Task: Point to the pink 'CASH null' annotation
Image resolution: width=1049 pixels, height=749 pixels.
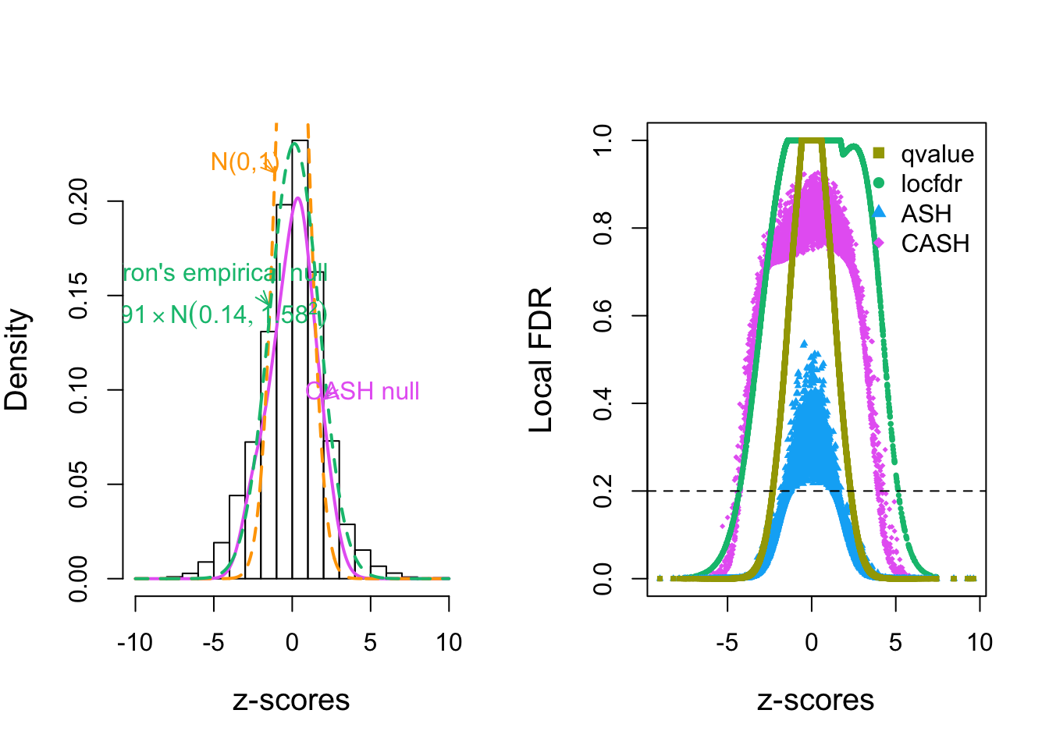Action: [363, 391]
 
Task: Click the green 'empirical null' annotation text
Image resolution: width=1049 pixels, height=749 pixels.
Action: [226, 273]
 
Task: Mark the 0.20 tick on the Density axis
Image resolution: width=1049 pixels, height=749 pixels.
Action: [78, 201]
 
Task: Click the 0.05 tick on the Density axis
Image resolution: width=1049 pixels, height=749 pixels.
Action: [78, 484]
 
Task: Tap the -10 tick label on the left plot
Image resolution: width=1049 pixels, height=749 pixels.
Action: [135, 643]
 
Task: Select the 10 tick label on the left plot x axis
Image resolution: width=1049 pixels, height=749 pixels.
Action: [449, 643]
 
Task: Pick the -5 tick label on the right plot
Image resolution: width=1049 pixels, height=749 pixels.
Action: [727, 643]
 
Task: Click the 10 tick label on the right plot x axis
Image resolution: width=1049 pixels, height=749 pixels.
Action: [980, 643]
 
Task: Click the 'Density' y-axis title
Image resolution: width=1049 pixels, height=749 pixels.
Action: [16, 360]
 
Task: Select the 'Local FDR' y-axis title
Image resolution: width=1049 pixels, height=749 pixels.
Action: [541, 360]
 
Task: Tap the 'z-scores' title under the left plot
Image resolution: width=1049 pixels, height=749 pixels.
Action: [291, 700]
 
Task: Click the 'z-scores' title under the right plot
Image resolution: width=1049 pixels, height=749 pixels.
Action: [816, 700]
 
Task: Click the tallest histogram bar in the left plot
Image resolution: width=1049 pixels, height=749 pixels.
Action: [300, 359]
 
